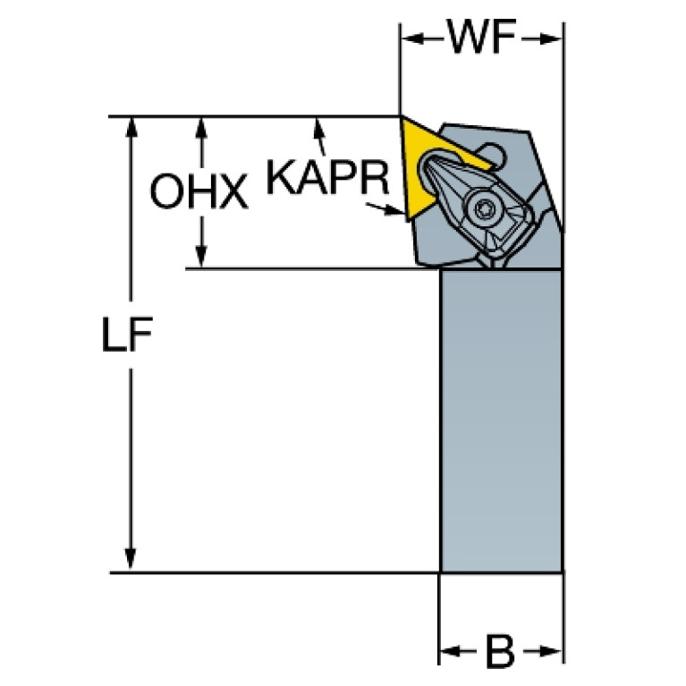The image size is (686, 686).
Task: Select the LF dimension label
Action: [x=126, y=335]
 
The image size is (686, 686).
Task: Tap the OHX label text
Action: [x=199, y=191]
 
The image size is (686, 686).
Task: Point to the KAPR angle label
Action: [x=327, y=177]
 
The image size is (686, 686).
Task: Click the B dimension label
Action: [x=501, y=652]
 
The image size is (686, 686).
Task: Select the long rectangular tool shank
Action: [x=502, y=420]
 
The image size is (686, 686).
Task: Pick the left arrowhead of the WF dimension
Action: [x=412, y=39]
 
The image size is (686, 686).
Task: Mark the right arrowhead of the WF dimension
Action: [x=550, y=39]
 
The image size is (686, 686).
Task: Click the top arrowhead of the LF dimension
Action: [x=131, y=128]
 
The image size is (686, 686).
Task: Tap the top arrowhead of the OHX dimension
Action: [x=201, y=128]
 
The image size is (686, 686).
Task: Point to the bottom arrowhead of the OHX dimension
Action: [x=201, y=257]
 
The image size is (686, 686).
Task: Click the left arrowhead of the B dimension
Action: [x=451, y=651]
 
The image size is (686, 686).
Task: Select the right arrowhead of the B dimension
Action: [x=550, y=651]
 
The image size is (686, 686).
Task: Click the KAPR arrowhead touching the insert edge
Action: [x=394, y=211]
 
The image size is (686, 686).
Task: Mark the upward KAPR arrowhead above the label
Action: [x=319, y=129]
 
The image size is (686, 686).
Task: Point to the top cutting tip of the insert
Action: [x=401, y=116]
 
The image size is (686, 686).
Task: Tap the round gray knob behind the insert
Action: [x=492, y=155]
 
